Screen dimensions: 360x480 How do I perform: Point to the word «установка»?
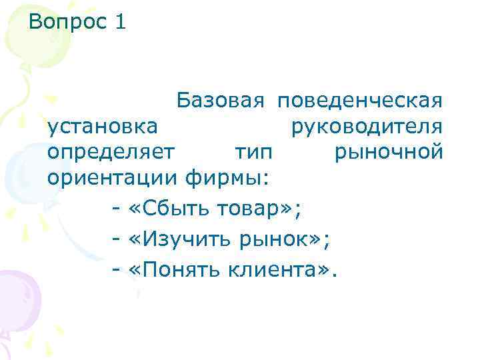tap(103, 126)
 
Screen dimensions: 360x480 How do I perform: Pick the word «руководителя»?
tap(367, 126)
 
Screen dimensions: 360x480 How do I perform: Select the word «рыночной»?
tap(389, 152)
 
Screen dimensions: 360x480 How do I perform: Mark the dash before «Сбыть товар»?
tap(115, 209)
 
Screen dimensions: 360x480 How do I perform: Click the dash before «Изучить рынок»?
tap(115, 240)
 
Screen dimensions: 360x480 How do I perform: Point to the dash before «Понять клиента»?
tap(115, 271)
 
